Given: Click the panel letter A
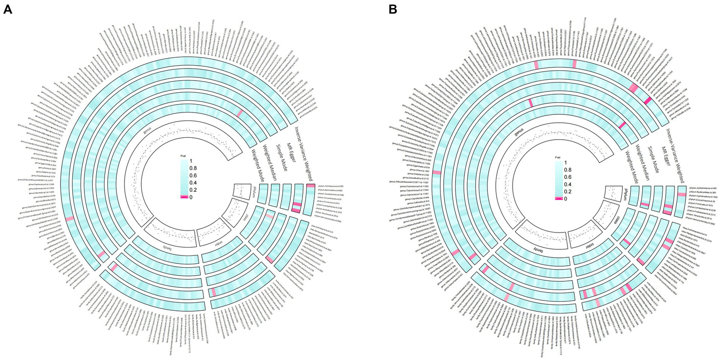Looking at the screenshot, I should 8,9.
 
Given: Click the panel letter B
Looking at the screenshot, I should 392,9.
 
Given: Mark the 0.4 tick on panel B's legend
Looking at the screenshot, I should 567,184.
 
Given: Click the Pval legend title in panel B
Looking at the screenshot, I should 558,159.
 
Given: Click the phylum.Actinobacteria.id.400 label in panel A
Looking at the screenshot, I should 330,186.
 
